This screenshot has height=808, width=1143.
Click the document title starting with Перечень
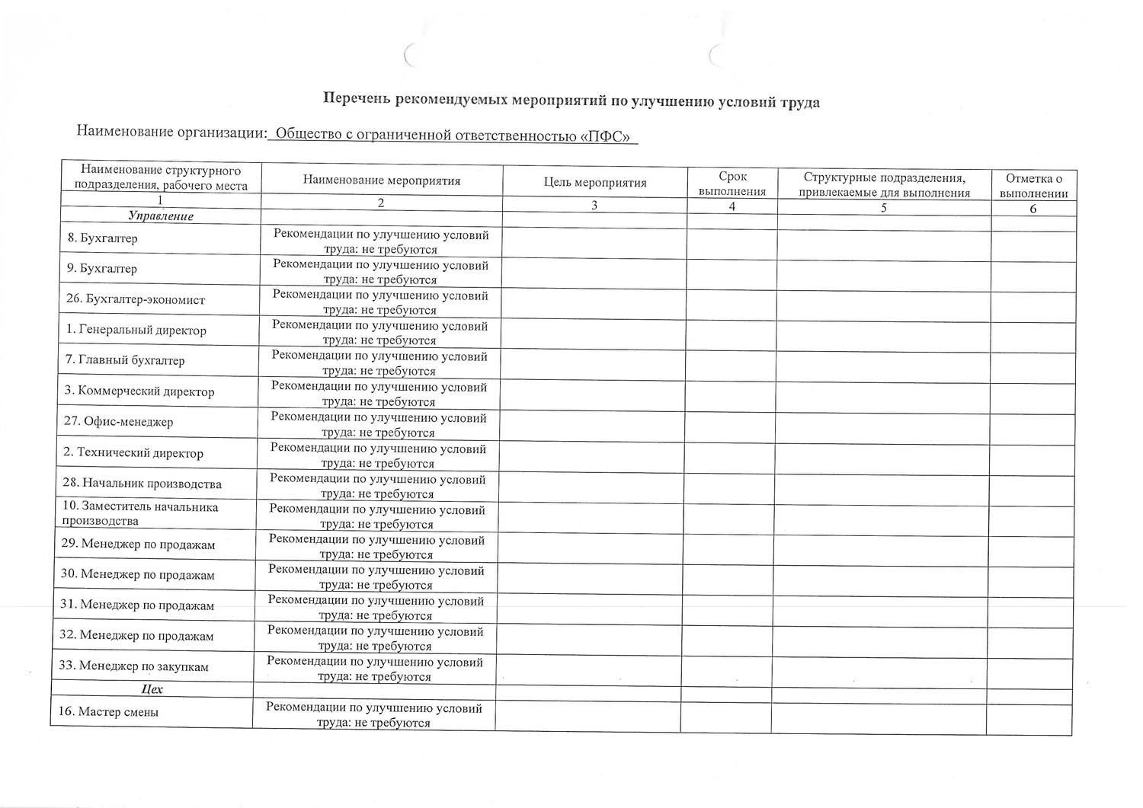click(x=571, y=101)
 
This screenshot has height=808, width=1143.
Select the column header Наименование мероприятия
click(x=382, y=180)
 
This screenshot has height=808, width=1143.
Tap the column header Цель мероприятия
click(x=595, y=183)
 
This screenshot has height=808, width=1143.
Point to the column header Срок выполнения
click(x=732, y=184)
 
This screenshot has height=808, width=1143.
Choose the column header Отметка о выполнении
click(x=1033, y=186)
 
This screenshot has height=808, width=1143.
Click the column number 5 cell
click(x=884, y=207)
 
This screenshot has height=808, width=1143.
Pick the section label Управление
click(x=161, y=216)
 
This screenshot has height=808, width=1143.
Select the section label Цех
click(x=152, y=689)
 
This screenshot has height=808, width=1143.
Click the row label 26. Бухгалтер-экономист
click(x=136, y=299)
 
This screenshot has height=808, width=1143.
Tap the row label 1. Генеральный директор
click(x=136, y=331)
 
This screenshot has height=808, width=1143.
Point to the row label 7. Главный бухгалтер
click(x=124, y=360)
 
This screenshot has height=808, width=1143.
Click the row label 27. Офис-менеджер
click(x=118, y=422)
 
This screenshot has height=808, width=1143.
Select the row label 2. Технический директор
click(x=133, y=453)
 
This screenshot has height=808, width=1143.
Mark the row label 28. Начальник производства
click(x=142, y=484)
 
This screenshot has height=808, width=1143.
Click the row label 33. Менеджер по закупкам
click(x=134, y=666)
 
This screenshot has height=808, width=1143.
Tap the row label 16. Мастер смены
click(x=108, y=712)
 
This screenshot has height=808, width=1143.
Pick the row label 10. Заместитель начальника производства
click(x=139, y=514)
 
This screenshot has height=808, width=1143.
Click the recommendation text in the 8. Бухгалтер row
click(x=380, y=242)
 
